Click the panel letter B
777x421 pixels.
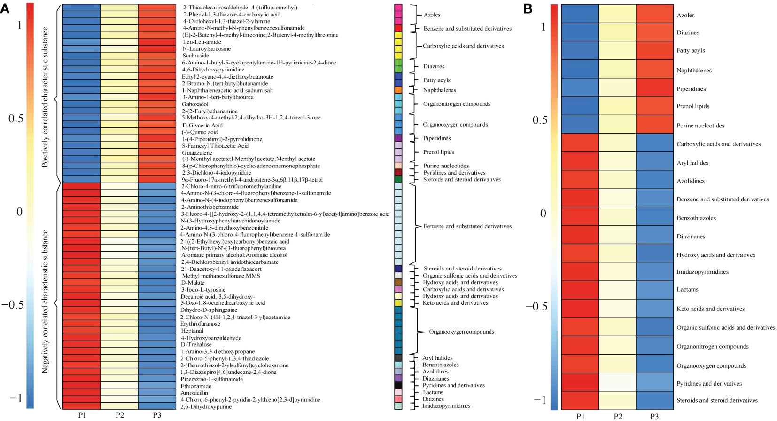tap(528, 8)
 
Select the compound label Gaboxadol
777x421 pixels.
tap(195, 104)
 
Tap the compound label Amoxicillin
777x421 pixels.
tap(194, 393)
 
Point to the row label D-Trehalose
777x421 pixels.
tap(196, 345)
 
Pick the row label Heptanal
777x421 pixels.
tap(192, 331)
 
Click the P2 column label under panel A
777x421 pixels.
tap(120, 415)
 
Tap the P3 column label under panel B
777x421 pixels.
tap(654, 416)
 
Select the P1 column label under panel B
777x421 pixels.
tap(581, 416)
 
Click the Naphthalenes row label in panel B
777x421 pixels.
tap(694, 71)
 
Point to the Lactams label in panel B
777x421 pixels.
tap(687, 289)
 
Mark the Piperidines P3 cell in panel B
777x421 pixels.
tap(655, 87)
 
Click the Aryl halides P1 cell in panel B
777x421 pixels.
tap(580, 161)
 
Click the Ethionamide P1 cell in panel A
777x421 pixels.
tap(81, 386)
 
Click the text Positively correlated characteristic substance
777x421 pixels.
tap(45, 97)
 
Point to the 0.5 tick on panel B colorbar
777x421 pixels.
tap(540, 120)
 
